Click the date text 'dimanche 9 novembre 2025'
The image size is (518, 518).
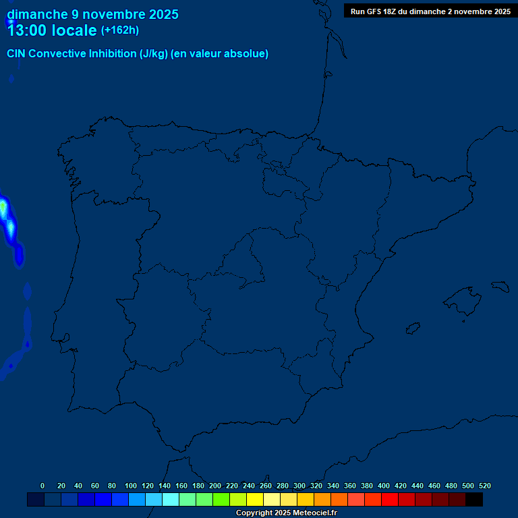[x=92, y=14]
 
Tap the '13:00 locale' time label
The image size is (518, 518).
[x=51, y=30]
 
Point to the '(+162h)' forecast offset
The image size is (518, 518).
[x=120, y=30]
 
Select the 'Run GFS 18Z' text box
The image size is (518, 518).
[x=430, y=11]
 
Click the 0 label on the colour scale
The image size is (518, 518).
[x=42, y=486]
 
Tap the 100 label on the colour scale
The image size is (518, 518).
[x=131, y=486]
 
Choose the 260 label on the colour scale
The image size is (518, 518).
[x=266, y=486]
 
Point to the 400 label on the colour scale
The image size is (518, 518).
[x=384, y=486]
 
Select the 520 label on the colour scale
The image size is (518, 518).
[x=485, y=486]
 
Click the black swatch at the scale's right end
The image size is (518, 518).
[x=474, y=500]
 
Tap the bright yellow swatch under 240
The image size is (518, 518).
[x=255, y=500]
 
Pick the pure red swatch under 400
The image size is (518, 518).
[x=390, y=500]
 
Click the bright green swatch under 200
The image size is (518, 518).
[x=221, y=500]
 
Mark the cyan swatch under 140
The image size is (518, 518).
[x=171, y=500]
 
